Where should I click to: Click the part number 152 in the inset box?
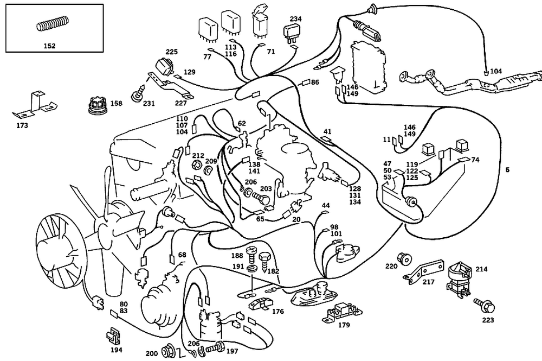49,46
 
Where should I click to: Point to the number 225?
171,52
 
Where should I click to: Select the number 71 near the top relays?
271,52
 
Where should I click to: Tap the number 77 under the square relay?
207,56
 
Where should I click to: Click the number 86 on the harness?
315,82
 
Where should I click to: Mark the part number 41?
327,131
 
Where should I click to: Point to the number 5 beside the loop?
507,170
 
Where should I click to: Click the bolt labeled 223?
483,307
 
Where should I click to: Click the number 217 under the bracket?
429,282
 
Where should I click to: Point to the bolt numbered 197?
216,346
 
